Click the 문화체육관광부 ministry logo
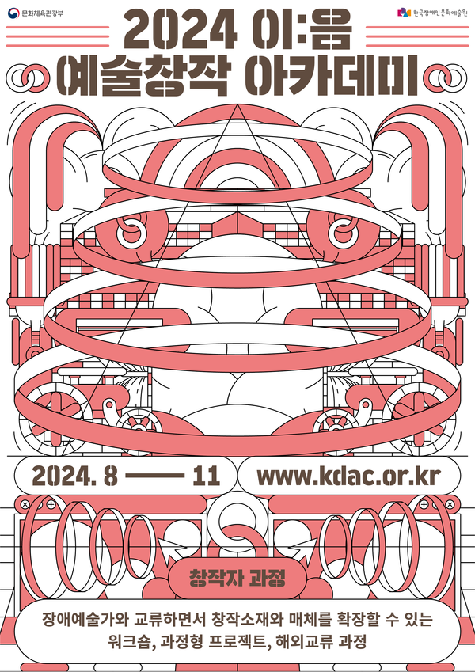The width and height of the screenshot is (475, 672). (36, 12)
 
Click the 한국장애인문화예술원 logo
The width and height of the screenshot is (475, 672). (432, 13)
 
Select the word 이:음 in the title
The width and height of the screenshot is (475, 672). (303, 31)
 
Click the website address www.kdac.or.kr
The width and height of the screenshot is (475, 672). (348, 476)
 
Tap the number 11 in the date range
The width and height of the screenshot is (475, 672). (206, 476)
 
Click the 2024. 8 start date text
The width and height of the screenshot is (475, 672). (74, 476)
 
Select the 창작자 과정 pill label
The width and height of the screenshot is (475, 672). (237, 579)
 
